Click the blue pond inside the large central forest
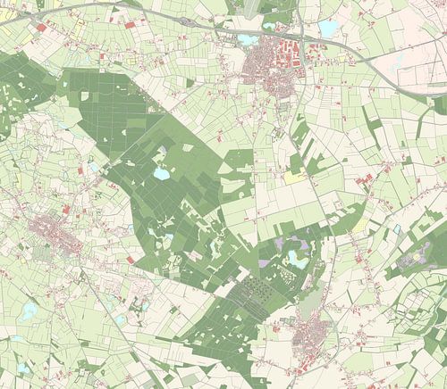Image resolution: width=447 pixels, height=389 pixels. tap(161, 174)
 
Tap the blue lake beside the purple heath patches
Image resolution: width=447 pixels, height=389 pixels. tap(295, 259)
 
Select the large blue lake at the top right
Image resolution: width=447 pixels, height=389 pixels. tap(329, 29)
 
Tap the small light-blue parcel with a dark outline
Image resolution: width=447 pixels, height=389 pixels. tap(396, 229)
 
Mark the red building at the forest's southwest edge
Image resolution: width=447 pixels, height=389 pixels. tap(131, 260)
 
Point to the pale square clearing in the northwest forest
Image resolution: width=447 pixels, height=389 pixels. tap(85, 95)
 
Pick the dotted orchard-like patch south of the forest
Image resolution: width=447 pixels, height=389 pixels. tap(259, 290)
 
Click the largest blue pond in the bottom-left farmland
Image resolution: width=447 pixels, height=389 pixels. tap(30, 310)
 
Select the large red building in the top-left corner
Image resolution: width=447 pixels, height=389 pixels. tap(41, 28)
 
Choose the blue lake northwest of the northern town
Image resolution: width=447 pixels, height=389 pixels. tap(248, 39)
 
